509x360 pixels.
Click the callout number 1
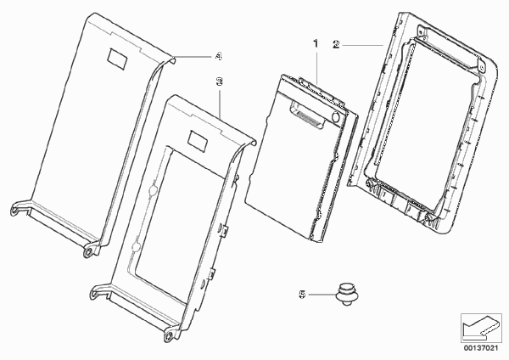click(316, 44)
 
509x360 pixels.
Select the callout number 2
click(336, 44)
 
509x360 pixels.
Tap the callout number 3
click(220, 82)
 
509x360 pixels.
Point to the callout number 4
click(219, 56)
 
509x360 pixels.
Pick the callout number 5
click(302, 295)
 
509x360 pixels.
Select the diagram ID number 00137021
click(481, 348)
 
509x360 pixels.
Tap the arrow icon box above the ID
click(481, 328)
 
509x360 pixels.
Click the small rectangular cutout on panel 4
click(117, 59)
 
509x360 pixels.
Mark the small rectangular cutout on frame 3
click(199, 141)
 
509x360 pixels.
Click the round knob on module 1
click(336, 116)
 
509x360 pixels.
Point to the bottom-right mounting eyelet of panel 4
click(88, 252)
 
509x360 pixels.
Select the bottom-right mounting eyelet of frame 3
click(169, 335)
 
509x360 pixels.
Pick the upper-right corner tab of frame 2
click(482, 66)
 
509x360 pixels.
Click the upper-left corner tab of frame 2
click(422, 31)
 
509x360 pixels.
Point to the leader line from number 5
click(322, 295)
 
